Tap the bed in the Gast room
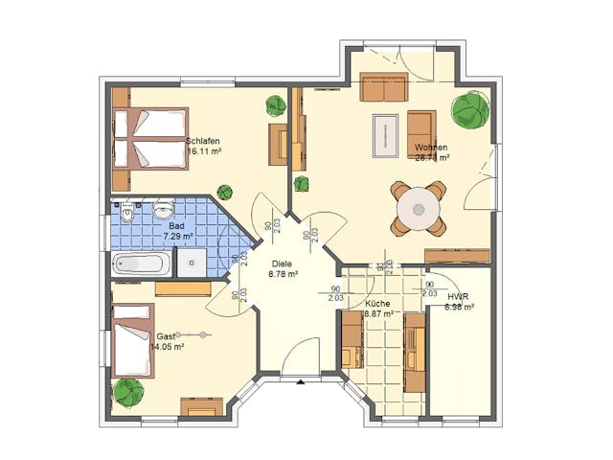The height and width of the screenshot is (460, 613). point(133,339)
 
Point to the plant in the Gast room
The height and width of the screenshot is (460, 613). point(128,391)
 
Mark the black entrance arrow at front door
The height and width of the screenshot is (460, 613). point(301,381)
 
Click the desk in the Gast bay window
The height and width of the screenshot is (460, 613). point(202,406)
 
